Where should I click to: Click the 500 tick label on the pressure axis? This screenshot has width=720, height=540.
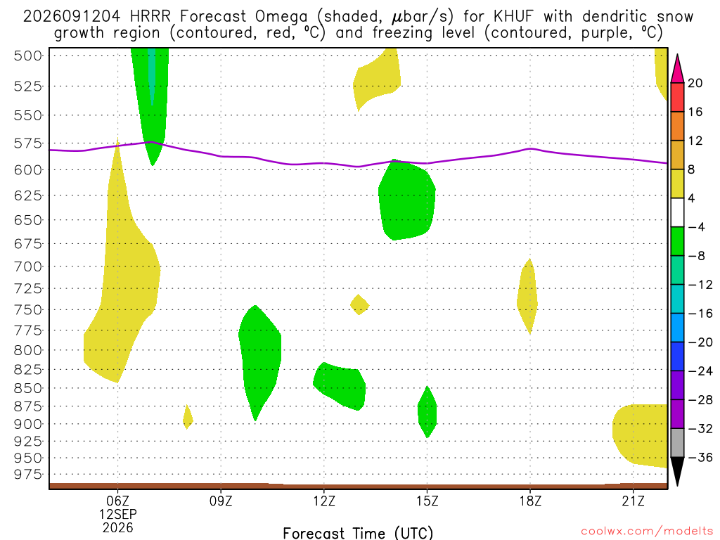pos(27,56)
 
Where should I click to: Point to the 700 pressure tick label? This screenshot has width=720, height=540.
pos(27,266)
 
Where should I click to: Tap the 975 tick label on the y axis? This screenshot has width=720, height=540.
pos(27,475)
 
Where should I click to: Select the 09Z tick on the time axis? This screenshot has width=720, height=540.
pos(221,501)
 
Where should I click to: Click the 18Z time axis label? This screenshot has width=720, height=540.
pos(530,501)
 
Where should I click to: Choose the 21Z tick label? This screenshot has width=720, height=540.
pos(634,501)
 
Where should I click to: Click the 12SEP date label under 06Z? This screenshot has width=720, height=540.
pos(118,514)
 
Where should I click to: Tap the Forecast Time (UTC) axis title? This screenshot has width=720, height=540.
pos(358,533)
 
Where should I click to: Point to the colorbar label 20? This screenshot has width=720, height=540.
pos(695,83)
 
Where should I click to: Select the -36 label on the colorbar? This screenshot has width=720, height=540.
pos(700,457)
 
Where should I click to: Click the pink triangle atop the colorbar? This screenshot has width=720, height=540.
pos(677,68)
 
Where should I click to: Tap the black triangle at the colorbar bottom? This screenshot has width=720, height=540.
pos(677,471)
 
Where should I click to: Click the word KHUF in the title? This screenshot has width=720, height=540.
pos(514,17)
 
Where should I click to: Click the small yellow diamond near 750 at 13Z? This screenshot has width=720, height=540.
pos(359,304)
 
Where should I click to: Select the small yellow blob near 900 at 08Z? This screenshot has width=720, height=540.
pos(187,417)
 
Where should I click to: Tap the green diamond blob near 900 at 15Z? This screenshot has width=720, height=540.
pos(427,412)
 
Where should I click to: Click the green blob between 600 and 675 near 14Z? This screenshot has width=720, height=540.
pos(406,200)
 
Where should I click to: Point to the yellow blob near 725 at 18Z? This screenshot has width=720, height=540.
pos(527,297)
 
